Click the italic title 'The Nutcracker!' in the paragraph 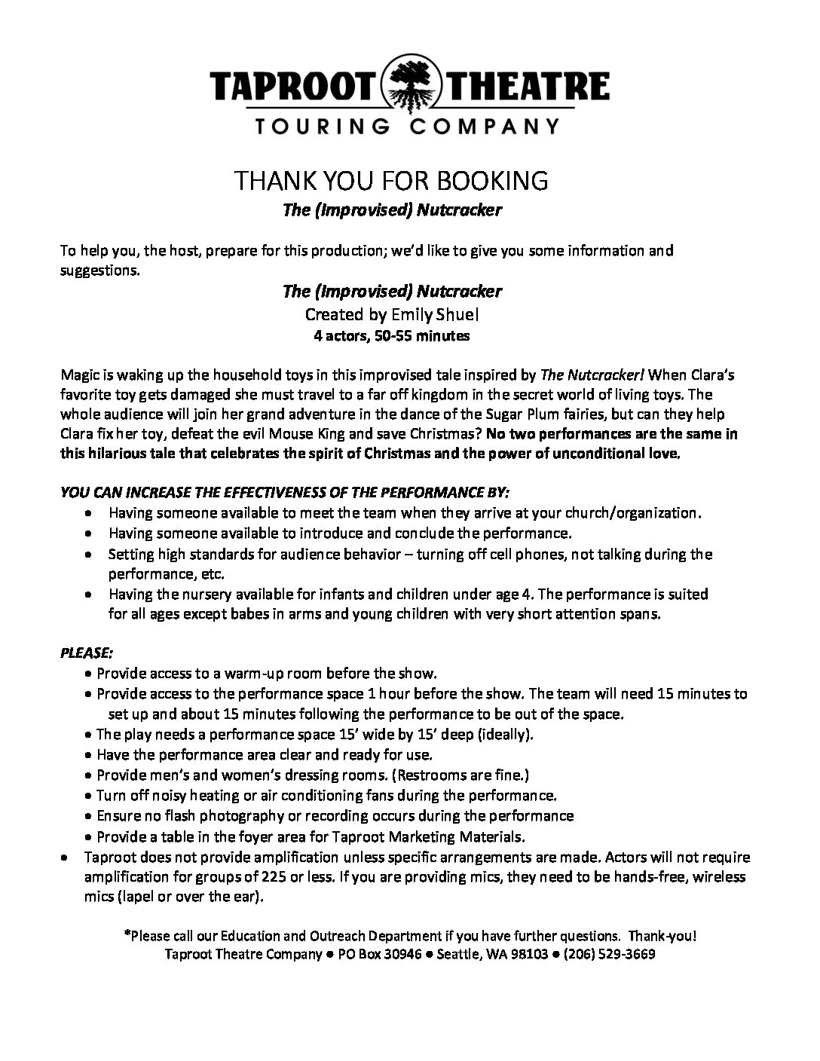(x=589, y=375)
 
